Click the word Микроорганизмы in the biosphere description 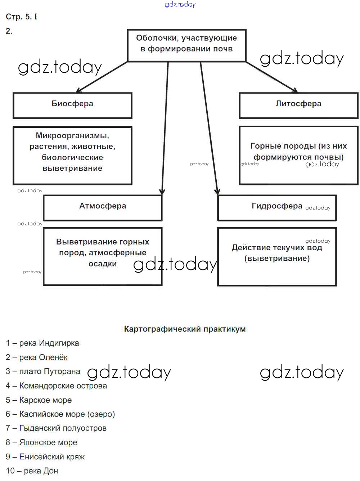click(72, 136)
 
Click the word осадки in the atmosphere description click(103, 264)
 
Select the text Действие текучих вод click(277, 248)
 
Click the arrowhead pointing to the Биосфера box click(79, 91)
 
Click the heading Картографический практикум click(185, 329)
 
